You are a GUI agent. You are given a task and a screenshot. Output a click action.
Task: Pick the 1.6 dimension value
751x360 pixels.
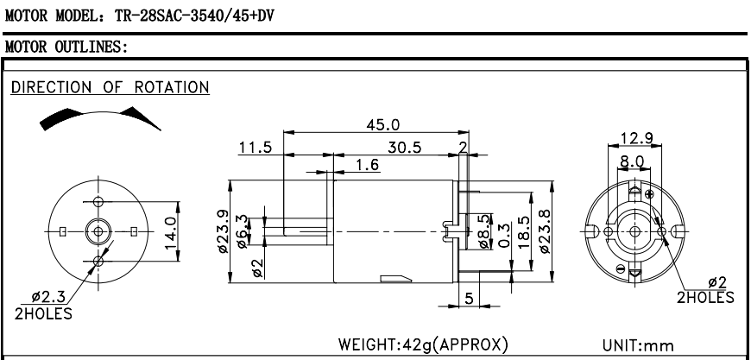point(369,164)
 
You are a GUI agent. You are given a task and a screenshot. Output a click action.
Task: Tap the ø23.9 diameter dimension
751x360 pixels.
point(221,231)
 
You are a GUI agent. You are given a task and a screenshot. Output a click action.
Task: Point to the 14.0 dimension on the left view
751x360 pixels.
point(170,231)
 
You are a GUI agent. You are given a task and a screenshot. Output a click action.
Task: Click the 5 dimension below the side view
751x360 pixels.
point(469,299)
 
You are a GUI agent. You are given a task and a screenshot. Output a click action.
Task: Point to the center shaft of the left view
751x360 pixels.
point(98,231)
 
